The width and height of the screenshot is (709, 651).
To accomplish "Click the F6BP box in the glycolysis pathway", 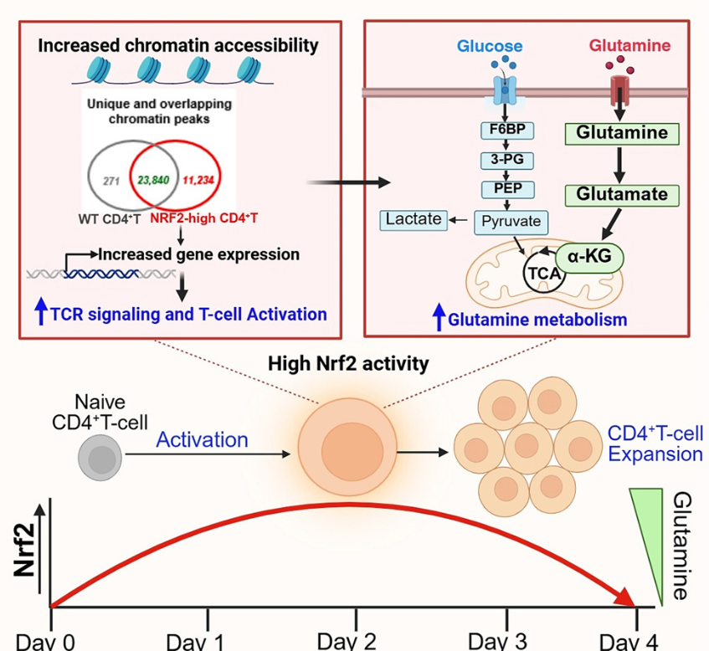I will (506, 131).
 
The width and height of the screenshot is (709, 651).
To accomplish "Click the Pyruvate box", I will (511, 221).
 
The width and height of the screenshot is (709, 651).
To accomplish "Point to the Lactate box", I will (414, 219).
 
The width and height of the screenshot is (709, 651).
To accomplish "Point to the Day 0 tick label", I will (45, 641).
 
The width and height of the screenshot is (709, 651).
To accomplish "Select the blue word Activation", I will (203, 439).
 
